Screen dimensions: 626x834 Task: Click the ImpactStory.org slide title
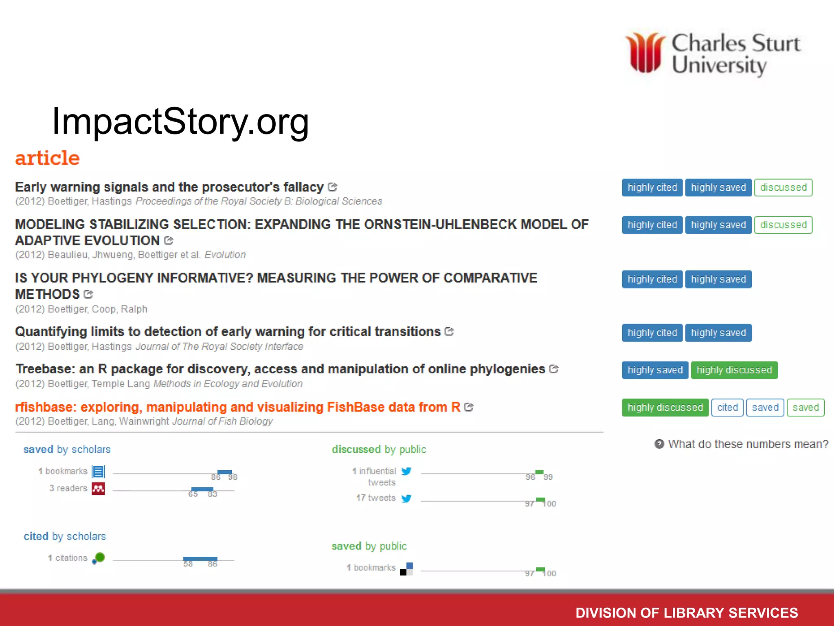click(x=180, y=121)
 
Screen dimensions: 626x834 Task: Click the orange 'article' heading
click(x=47, y=158)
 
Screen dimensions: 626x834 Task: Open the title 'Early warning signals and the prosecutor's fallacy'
click(x=169, y=187)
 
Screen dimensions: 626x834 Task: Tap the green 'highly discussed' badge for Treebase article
click(x=734, y=370)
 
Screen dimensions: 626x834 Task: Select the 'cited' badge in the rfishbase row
click(x=727, y=408)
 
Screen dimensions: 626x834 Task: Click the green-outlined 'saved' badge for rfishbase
click(x=805, y=408)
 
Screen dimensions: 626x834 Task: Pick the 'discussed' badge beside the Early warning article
click(x=783, y=187)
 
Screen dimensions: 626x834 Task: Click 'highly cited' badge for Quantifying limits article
click(x=652, y=333)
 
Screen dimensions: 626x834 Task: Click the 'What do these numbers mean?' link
click(x=748, y=444)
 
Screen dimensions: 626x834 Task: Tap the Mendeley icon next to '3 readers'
click(x=98, y=488)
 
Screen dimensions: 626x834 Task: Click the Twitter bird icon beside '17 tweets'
click(x=406, y=498)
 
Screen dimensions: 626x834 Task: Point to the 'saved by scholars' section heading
click(x=67, y=449)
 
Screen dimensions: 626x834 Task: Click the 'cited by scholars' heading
click(x=65, y=536)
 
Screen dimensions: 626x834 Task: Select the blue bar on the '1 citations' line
click(x=200, y=559)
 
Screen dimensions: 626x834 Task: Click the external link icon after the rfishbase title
click(x=469, y=407)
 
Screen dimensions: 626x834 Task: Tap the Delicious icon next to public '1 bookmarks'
click(x=406, y=569)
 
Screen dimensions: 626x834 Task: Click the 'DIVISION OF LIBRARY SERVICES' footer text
click(x=687, y=613)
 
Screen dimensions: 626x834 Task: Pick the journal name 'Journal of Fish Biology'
click(x=222, y=421)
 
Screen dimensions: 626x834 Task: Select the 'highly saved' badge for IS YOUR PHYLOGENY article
click(x=718, y=280)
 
